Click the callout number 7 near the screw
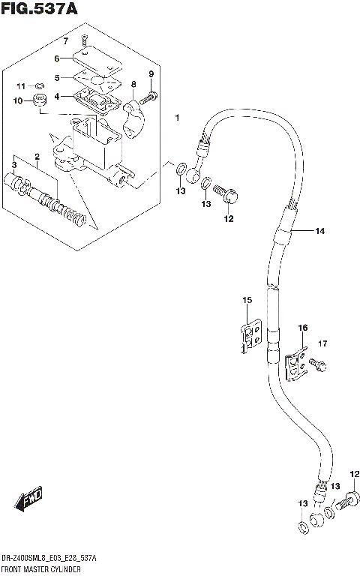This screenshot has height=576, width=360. click(x=65, y=40)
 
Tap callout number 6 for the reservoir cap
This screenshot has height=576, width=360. click(x=56, y=58)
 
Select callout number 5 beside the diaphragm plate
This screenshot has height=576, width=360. click(x=56, y=76)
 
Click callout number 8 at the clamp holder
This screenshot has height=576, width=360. click(x=133, y=85)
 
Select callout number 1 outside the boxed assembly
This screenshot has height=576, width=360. click(x=177, y=118)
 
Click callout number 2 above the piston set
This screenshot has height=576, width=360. click(x=36, y=156)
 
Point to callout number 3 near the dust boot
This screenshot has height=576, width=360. click(x=13, y=165)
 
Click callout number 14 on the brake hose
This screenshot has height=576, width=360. click(x=319, y=232)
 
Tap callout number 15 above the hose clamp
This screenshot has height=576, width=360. click(x=245, y=301)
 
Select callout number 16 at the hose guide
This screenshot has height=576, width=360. click(x=302, y=328)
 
